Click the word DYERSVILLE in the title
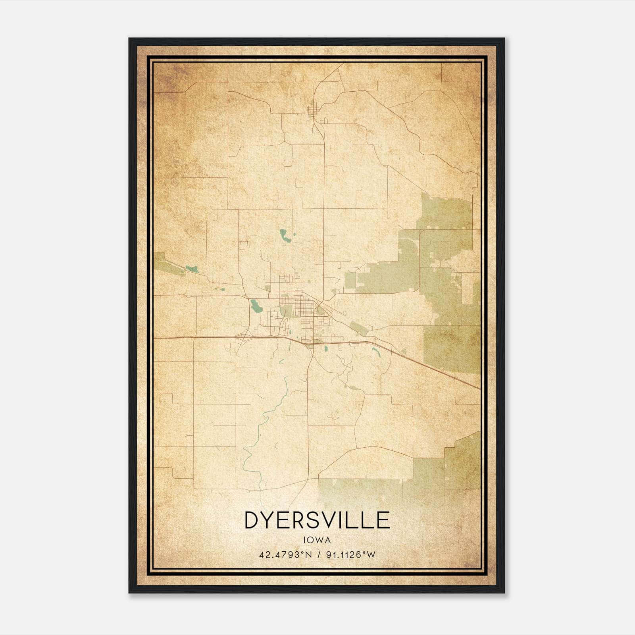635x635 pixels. [x=317, y=520]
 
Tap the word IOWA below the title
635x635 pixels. [x=317, y=540]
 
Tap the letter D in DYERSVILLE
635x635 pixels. [x=252, y=520]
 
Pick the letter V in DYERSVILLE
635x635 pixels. [x=326, y=520]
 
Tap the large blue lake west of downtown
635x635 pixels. [x=254, y=306]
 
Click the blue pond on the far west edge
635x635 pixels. [x=192, y=269]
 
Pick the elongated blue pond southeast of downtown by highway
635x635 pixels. [x=375, y=351]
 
